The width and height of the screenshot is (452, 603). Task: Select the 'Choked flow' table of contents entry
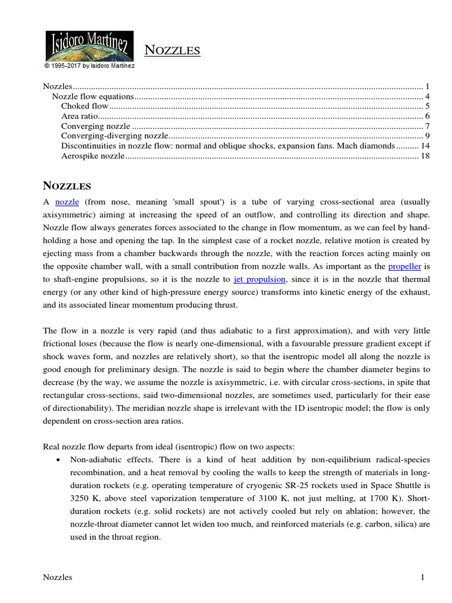point(85,106)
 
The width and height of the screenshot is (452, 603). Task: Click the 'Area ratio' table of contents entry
point(82,116)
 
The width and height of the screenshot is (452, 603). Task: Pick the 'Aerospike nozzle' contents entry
point(93,156)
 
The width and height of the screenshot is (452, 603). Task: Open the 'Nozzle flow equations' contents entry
point(93,96)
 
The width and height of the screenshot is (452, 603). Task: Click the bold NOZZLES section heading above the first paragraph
point(68,186)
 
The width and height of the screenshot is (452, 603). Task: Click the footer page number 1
point(423,578)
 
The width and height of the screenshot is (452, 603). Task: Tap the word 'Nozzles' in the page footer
point(58,578)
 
